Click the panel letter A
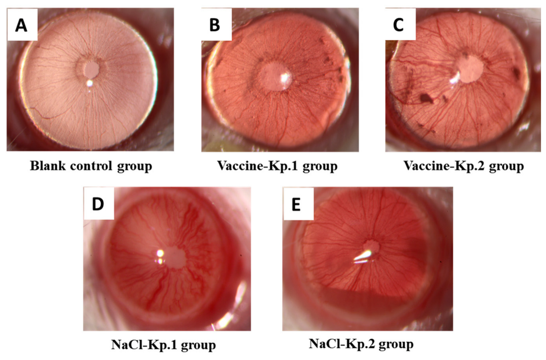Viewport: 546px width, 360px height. (x=21, y=25)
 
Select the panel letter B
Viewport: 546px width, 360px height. (x=214, y=25)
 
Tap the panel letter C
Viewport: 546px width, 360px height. (x=398, y=25)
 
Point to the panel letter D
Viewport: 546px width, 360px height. (x=98, y=204)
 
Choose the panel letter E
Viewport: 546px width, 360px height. (x=296, y=204)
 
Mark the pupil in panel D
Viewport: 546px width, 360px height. (x=175, y=257)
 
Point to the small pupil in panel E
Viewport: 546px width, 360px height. (x=371, y=247)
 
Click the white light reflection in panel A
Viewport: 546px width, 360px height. (x=90, y=84)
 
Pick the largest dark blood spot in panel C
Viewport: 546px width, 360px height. (x=426, y=98)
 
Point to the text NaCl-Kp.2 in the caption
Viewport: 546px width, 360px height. (x=342, y=344)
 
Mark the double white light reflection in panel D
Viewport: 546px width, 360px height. (x=160, y=257)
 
